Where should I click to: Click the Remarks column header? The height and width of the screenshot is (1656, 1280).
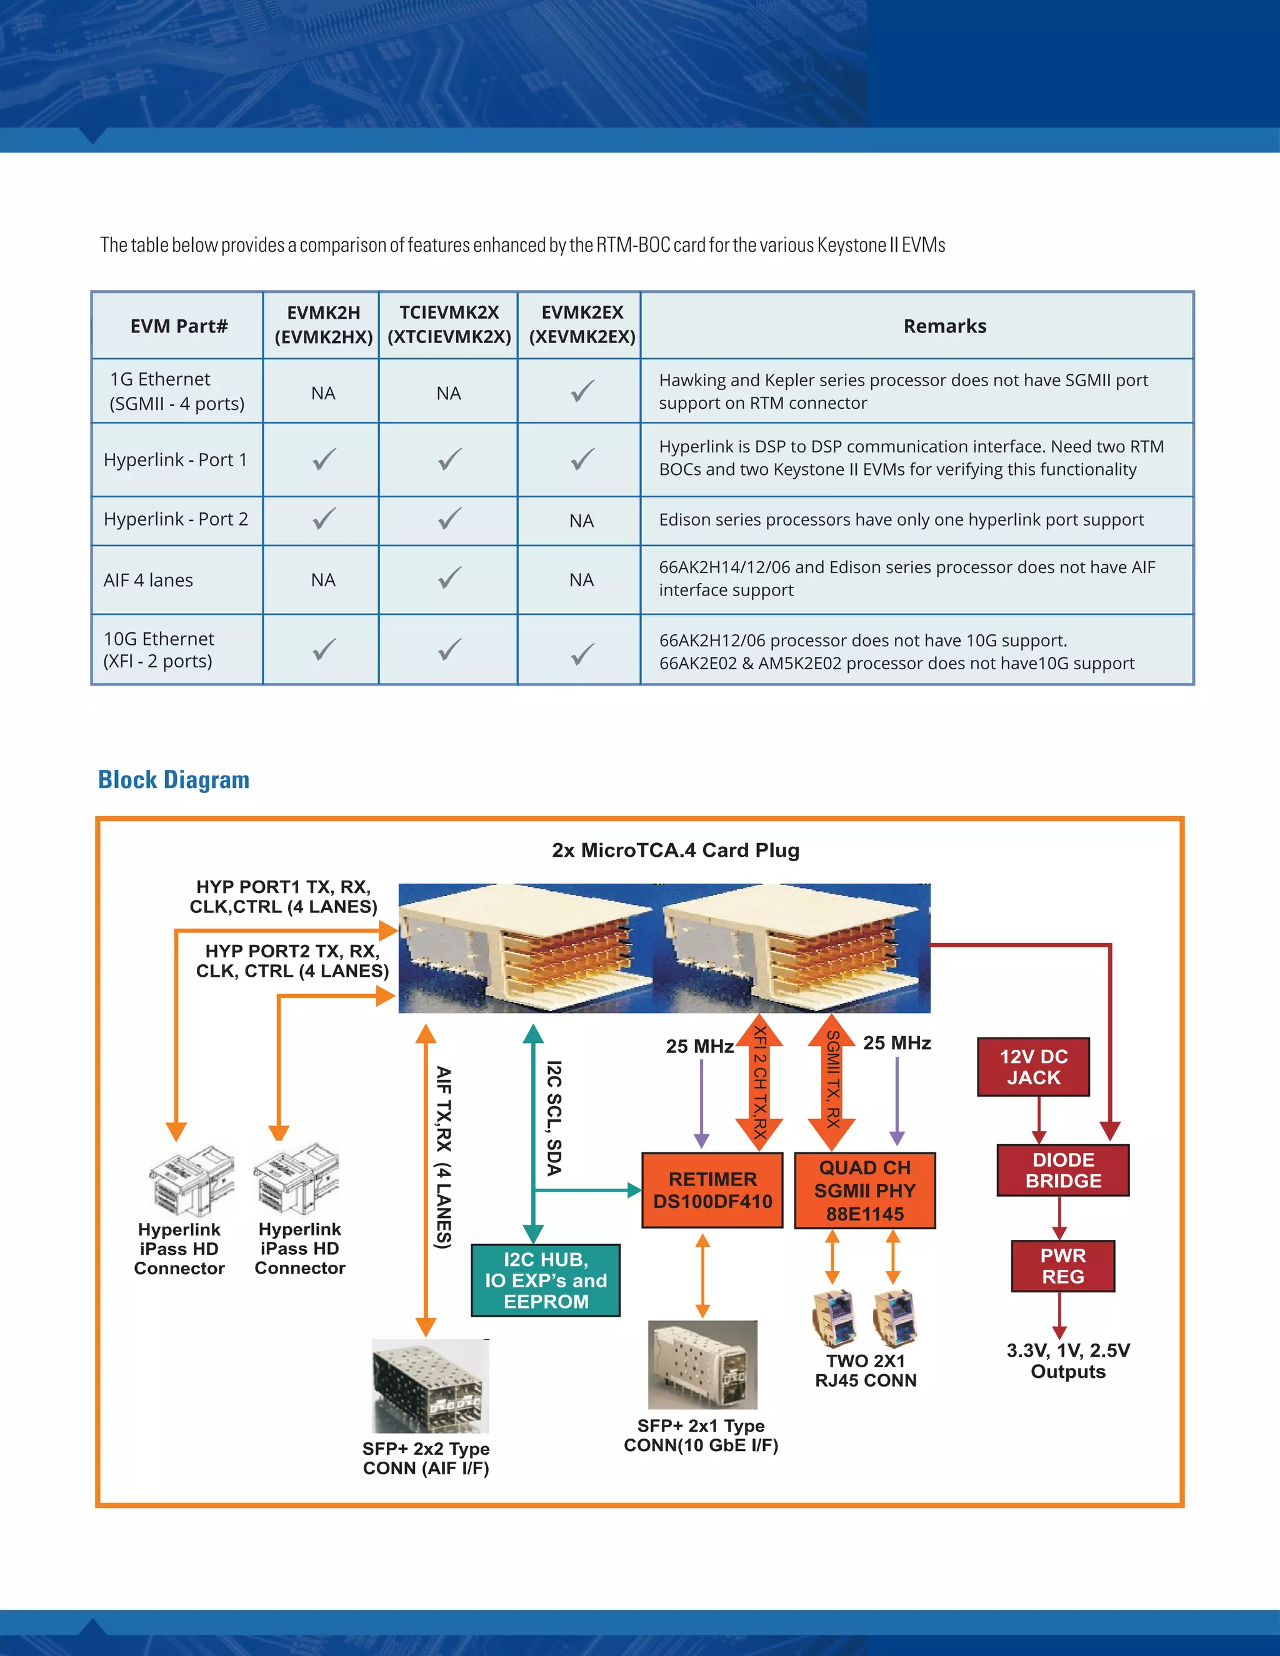pos(944,326)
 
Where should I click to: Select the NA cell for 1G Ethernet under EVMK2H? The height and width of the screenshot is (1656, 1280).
pos(323,394)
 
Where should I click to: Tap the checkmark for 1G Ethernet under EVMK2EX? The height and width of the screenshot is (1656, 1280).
pos(582,391)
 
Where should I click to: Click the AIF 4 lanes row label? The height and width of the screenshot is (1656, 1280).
pos(149,580)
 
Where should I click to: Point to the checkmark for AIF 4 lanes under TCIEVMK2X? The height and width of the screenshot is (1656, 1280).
pos(449,579)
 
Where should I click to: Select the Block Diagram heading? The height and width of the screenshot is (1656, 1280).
pos(174,779)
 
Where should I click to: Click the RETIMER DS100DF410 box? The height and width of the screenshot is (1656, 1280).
pos(712,1190)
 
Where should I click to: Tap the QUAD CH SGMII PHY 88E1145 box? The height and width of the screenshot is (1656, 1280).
pos(864,1190)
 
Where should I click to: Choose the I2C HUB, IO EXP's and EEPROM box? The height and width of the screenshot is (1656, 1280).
pos(545,1280)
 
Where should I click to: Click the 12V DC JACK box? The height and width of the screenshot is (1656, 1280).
pos(1032,1067)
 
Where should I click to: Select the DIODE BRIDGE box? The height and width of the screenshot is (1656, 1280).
pos(1062,1170)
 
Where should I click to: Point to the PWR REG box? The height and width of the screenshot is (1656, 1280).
pos(1062,1265)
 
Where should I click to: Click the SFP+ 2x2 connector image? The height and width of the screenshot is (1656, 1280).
pos(430,1385)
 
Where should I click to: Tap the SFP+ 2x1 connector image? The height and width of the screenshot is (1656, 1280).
pos(702,1364)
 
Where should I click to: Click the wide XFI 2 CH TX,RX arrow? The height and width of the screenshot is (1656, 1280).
pos(759,1081)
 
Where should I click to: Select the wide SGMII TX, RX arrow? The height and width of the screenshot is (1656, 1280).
pos(832,1081)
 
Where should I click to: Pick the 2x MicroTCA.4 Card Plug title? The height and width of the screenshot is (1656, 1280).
pos(676,850)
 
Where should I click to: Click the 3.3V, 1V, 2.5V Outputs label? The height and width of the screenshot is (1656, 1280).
pos(1067,1360)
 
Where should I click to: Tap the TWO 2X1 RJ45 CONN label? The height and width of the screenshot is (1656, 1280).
pos(865,1370)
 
